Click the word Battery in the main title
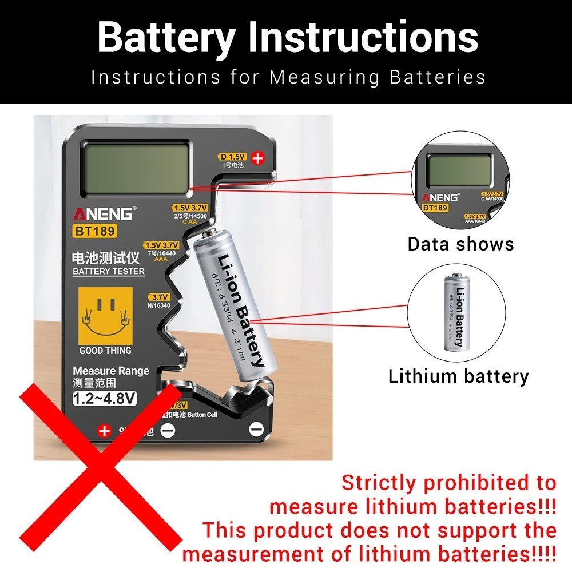[x=166, y=38]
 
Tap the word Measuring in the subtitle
[x=324, y=77]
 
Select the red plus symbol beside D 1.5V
[x=258, y=158]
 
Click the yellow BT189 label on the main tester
[x=95, y=232]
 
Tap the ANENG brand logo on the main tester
[x=103, y=214]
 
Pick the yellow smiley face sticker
[x=105, y=315]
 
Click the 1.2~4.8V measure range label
[x=105, y=398]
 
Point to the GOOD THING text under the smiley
[x=105, y=350]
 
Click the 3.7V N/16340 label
[x=160, y=301]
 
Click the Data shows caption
[x=460, y=244]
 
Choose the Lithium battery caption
[x=458, y=376]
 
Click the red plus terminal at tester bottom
[x=104, y=431]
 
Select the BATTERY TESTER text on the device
[x=109, y=271]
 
